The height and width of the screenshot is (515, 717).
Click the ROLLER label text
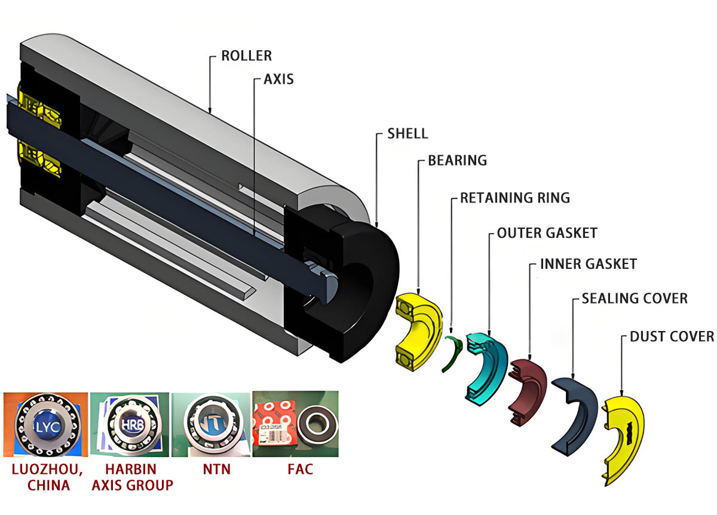pos(246,56)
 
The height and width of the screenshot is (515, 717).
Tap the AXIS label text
pos(278,79)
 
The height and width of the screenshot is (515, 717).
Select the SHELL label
pos(407,133)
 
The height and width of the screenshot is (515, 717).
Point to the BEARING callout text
pos(457,160)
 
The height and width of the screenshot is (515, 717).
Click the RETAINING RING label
pos(514,197)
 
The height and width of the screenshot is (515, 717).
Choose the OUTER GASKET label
pos(547,232)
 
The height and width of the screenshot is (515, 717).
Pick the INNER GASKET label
pos(588,263)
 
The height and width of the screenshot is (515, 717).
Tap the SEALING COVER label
pos(634,298)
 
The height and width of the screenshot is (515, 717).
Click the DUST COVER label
pos(672,336)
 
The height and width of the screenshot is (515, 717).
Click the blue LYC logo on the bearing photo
pos(45,425)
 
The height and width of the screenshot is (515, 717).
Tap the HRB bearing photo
pos(130,424)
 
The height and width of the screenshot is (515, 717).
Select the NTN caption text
pos(213,469)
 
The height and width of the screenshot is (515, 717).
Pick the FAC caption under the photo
pos(296,469)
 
